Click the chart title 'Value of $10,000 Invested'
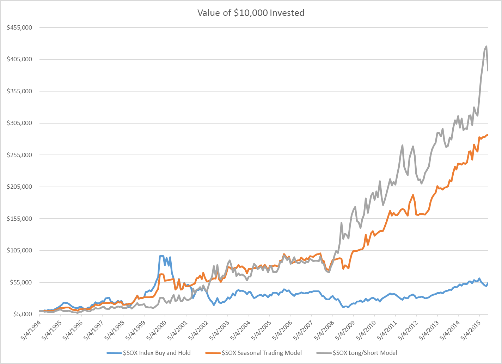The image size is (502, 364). tap(251, 13)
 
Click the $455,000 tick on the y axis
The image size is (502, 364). tap(19, 27)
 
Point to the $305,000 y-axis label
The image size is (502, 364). tap(19, 123)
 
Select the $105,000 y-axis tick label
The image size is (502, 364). tap(19, 250)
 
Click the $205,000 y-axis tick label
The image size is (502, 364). tap(19, 187)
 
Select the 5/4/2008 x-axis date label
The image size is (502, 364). tap(324, 329)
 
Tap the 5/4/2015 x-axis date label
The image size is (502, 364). tap(471, 329)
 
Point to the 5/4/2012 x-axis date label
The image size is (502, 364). tap(408, 329)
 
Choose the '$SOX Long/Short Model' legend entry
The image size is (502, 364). tap(365, 353)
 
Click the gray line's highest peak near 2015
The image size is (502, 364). tap(486, 46)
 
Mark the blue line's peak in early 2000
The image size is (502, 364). tap(161, 256)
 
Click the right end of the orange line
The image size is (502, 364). tap(488, 134)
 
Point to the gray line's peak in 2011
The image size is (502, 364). tap(402, 145)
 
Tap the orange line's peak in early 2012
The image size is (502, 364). tap(413, 195)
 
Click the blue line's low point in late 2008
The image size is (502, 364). tap(343, 307)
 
